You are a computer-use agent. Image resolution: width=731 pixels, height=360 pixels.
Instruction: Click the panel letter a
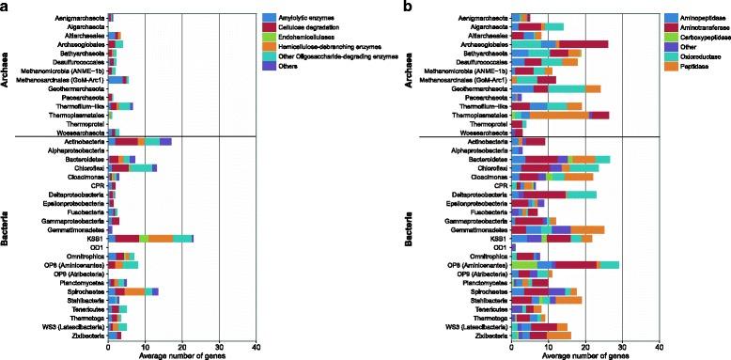tap(6, 7)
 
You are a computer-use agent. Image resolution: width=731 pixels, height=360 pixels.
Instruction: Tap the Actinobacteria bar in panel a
tap(140, 141)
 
